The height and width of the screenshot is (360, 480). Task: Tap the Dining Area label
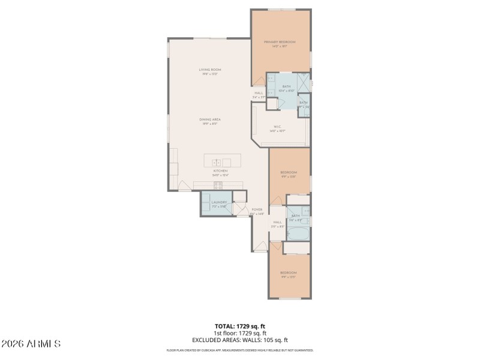point(209,119)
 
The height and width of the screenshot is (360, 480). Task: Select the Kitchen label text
point(220,171)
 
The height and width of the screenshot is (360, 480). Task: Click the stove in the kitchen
point(217,185)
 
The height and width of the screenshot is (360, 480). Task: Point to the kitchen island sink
point(217,162)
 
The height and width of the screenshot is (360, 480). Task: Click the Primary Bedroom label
point(280,42)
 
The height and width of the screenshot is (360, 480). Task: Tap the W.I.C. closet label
point(278,127)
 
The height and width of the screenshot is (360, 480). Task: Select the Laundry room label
point(219,203)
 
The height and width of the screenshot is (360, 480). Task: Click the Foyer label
point(257,210)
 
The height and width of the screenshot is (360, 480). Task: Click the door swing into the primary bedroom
point(259,80)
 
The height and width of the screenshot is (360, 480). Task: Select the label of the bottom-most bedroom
point(289,274)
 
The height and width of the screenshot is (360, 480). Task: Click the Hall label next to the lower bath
point(277,223)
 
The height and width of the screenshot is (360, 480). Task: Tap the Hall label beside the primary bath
point(259,94)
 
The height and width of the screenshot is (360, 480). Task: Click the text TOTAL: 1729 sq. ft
point(240,326)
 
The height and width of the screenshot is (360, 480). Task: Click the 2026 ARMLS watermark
point(31,344)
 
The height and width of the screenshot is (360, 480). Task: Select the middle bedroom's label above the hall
point(289,173)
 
